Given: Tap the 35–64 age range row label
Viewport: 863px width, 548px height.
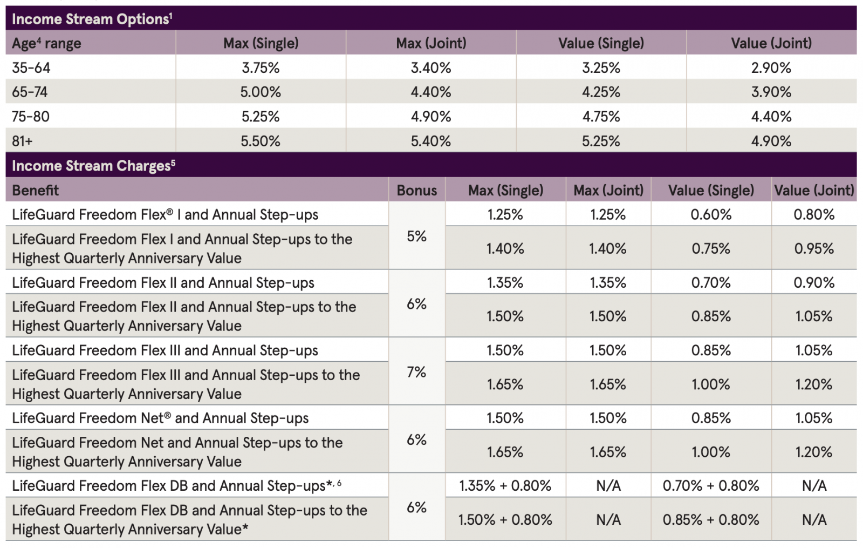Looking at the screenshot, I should pyautogui.click(x=31, y=68).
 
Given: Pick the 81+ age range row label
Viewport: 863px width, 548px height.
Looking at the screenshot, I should pyautogui.click(x=22, y=141).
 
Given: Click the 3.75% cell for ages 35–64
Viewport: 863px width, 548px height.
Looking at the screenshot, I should pyautogui.click(x=261, y=68).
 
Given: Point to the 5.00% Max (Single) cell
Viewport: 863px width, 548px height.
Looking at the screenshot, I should pyautogui.click(x=261, y=92).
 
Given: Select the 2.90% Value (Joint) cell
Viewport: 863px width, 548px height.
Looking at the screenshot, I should pyautogui.click(x=771, y=68).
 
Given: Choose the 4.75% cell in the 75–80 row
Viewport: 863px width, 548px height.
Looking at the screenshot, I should pyautogui.click(x=601, y=117).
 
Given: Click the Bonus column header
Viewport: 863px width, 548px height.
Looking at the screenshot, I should pyautogui.click(x=416, y=191).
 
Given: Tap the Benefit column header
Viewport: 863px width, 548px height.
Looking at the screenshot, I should pyautogui.click(x=36, y=191).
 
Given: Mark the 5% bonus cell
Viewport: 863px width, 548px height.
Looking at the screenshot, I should pyautogui.click(x=416, y=236).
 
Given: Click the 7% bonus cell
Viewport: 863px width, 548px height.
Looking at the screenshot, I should pyautogui.click(x=416, y=372).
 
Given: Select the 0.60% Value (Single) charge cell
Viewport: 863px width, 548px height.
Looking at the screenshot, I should pyautogui.click(x=711, y=215).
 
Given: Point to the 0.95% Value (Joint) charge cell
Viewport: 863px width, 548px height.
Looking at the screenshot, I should pyautogui.click(x=814, y=249).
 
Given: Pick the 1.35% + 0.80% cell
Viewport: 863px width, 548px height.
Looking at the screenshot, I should pyautogui.click(x=505, y=486).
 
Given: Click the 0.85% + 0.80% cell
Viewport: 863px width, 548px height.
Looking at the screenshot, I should pyautogui.click(x=711, y=520).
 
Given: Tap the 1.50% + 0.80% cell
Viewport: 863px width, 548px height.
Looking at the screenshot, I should pyautogui.click(x=505, y=520).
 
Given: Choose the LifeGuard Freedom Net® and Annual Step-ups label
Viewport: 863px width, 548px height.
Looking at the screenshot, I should pyautogui.click(x=160, y=418).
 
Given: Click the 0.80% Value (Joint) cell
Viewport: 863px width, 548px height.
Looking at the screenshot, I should pyautogui.click(x=814, y=215).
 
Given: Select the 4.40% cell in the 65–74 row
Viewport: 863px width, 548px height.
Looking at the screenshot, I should pyautogui.click(x=430, y=92).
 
